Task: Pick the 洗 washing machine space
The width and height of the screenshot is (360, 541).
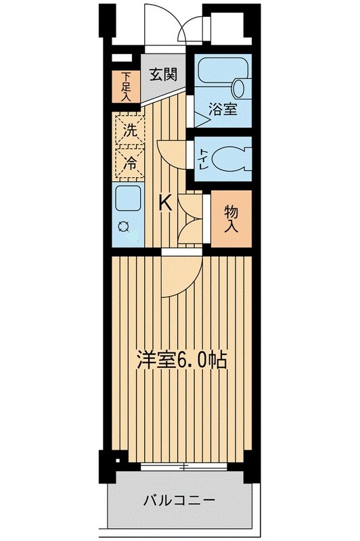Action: coord(129,131)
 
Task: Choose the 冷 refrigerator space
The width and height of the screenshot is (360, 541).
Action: coord(129,162)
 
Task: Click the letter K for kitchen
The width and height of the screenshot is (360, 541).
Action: coord(164,202)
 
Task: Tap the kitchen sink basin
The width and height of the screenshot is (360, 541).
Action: coord(128,199)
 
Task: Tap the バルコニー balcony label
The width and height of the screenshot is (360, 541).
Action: coord(179,501)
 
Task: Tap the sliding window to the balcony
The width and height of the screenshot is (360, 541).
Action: coord(183,466)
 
